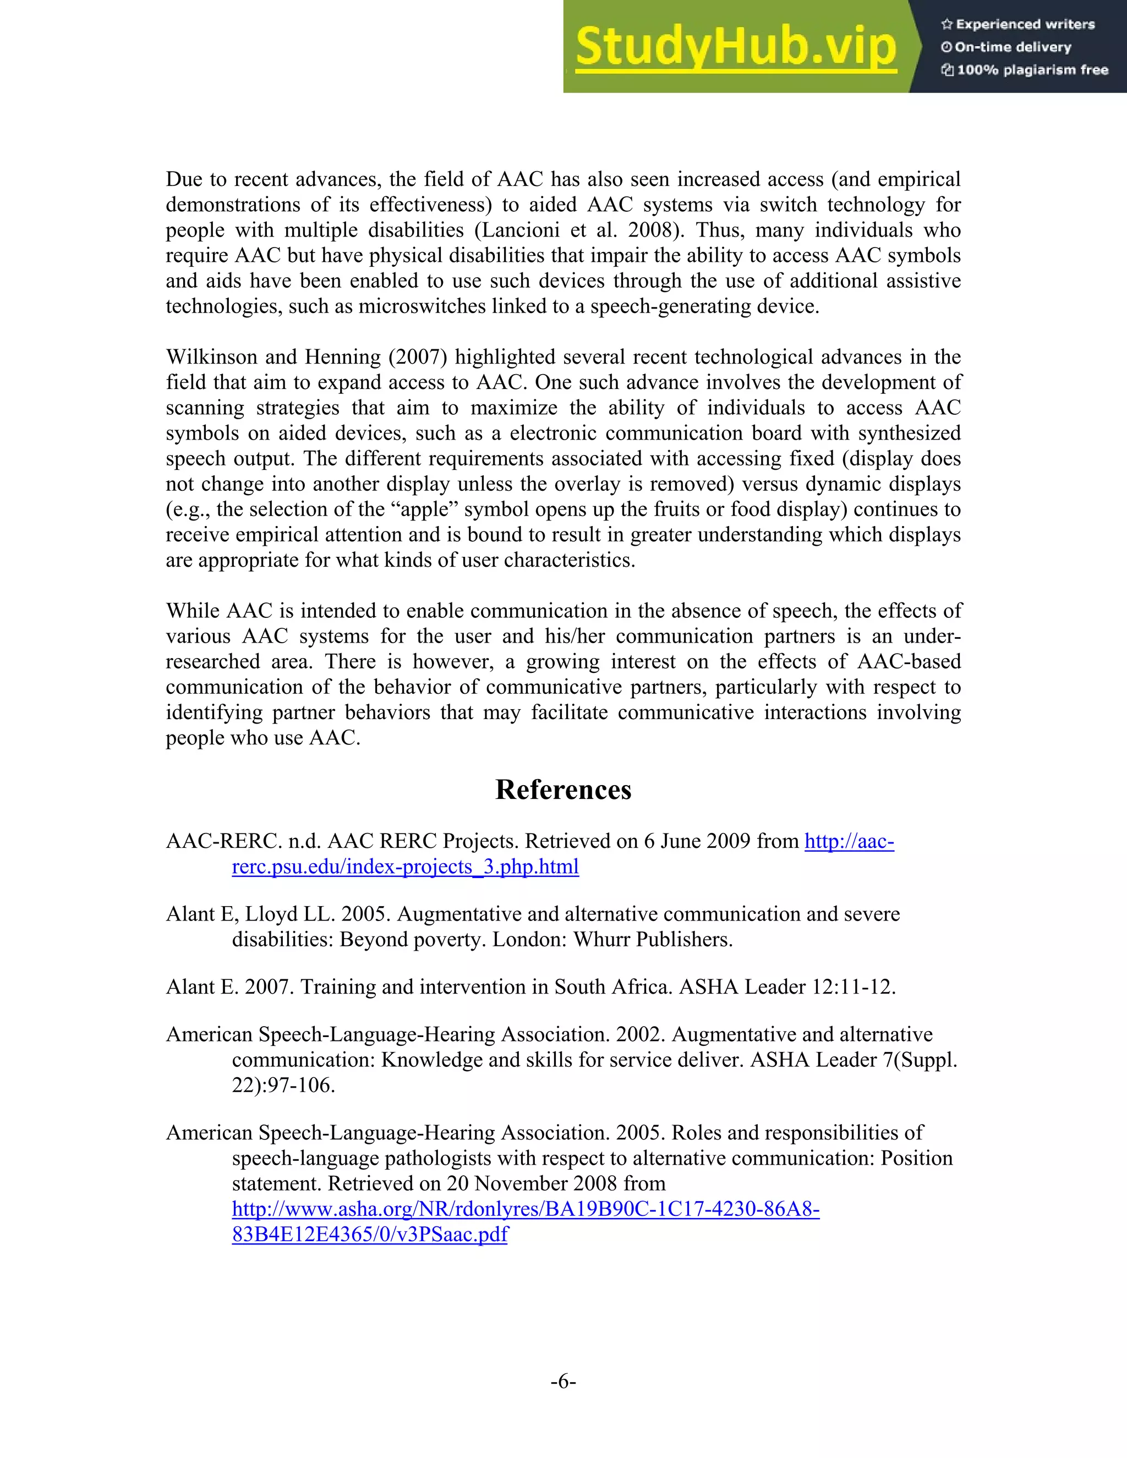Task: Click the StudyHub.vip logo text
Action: coord(736,47)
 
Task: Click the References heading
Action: coord(563,790)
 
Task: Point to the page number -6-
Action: coord(563,1381)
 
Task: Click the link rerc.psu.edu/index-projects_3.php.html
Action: coord(405,867)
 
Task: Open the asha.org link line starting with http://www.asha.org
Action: coord(526,1209)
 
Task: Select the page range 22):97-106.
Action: coord(283,1085)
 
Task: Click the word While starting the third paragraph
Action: coord(193,611)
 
